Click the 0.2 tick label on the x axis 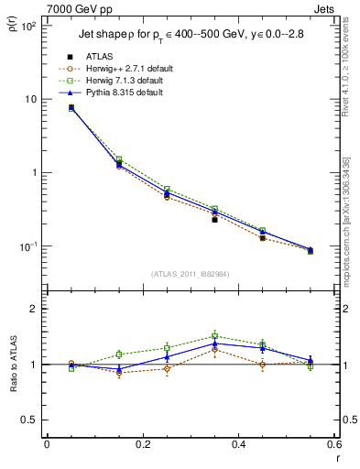142,445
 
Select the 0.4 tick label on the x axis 238,445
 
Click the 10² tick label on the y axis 28,26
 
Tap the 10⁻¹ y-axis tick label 28,246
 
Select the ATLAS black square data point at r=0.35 214,220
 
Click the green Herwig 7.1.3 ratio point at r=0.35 214,336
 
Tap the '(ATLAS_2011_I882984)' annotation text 190,274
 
